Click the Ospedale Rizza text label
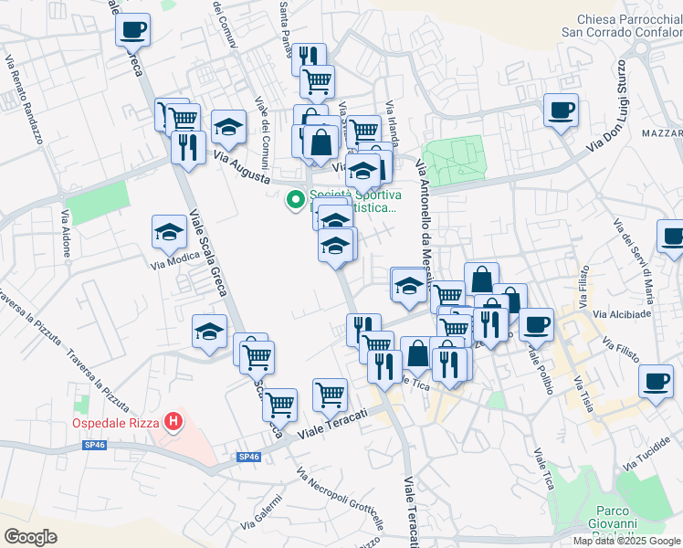click(x=115, y=424)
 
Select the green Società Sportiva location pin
click(x=295, y=199)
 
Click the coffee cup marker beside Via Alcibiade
click(x=536, y=321)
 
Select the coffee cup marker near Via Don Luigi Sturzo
click(x=561, y=111)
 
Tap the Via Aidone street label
click(x=66, y=234)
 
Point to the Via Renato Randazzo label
click(x=26, y=101)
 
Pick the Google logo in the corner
click(x=31, y=536)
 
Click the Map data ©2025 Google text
click(x=626, y=541)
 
